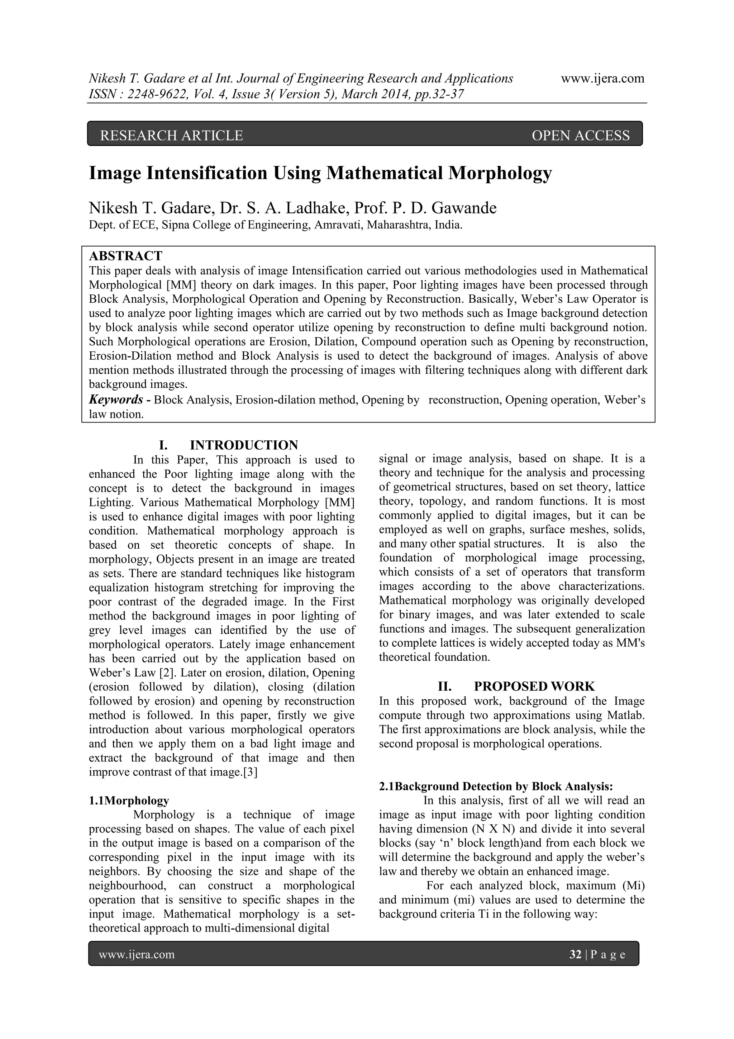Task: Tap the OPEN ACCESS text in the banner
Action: (580, 135)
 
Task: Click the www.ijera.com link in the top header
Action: (602, 79)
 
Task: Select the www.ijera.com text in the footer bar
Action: (137, 954)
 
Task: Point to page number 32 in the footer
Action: (575, 954)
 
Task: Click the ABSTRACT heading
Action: (125, 256)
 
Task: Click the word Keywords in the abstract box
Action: (116, 400)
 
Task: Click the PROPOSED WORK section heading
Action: (534, 686)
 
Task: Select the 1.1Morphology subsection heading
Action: (129, 800)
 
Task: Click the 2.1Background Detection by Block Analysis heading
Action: (496, 786)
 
